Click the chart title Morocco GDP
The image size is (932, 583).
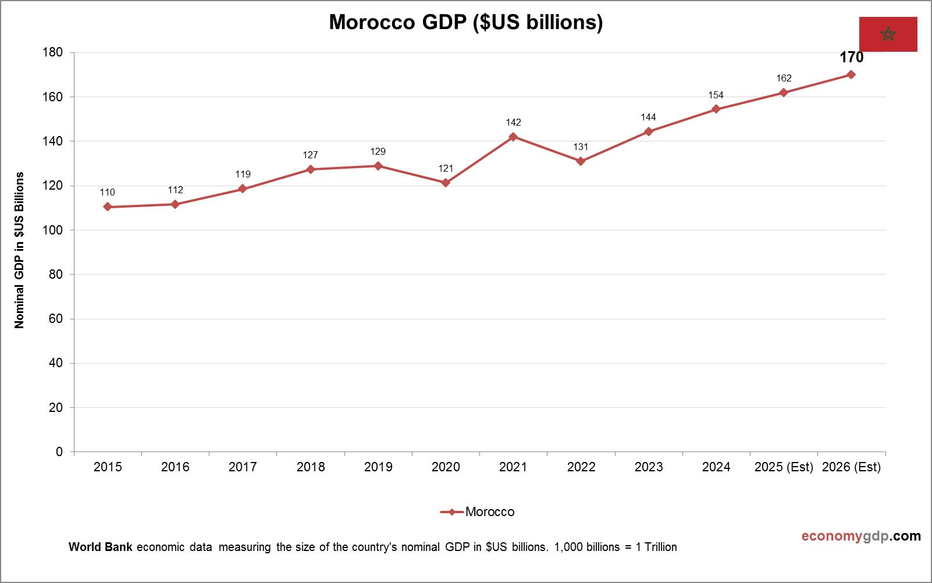[x=465, y=22]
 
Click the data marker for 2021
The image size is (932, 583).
[x=513, y=137]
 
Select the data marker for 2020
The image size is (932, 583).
[x=446, y=183]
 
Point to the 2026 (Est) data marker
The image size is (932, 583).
[x=851, y=74]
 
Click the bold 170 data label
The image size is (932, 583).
[x=851, y=58]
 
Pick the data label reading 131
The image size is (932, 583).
[x=581, y=147]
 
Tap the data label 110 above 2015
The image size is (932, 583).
[x=107, y=192]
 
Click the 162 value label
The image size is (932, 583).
[x=784, y=79]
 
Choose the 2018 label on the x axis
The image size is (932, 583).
[x=311, y=467]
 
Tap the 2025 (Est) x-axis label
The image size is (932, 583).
[x=784, y=467]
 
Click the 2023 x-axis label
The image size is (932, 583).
[x=649, y=467]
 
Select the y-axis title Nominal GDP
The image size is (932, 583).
[x=20, y=250]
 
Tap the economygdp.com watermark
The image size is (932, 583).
[x=861, y=536]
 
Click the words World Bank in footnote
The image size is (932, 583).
[x=100, y=548]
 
